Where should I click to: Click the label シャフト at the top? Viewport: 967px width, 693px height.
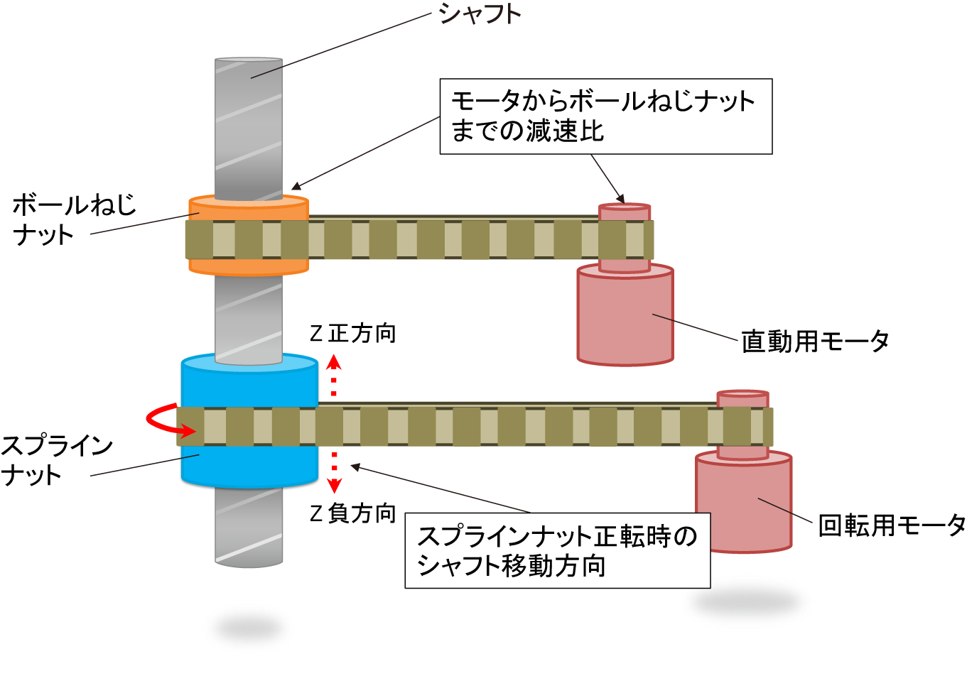click(x=480, y=14)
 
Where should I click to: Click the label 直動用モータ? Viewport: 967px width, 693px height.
click(x=814, y=342)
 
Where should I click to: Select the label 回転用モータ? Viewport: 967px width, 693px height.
click(x=891, y=525)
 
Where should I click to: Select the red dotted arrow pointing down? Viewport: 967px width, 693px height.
click(x=334, y=472)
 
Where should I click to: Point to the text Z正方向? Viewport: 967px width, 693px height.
click(x=353, y=333)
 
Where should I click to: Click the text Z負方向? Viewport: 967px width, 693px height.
click(x=353, y=513)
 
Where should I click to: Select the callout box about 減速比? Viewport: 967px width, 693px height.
click(x=605, y=116)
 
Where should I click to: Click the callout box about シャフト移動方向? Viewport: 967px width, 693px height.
click(x=557, y=551)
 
